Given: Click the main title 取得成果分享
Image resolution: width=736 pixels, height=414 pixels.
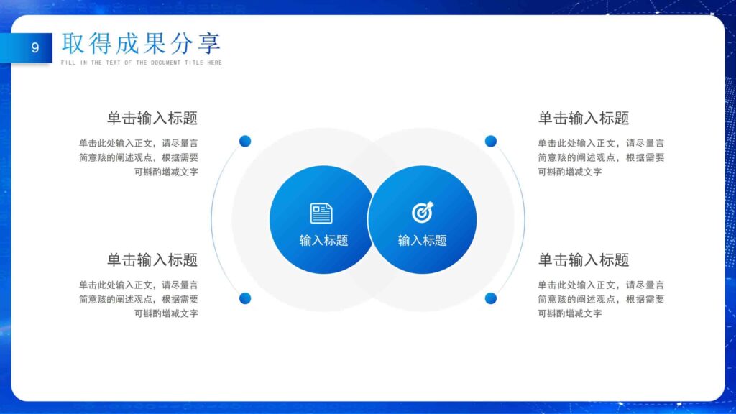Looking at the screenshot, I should [x=141, y=43].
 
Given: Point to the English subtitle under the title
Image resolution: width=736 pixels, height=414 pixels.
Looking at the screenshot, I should [x=142, y=63].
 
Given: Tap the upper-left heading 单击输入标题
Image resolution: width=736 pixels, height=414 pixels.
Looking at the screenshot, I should [x=152, y=119].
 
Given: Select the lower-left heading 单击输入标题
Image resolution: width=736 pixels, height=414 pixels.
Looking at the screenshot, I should [x=152, y=260].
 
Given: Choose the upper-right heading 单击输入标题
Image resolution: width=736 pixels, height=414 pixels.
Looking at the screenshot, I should [x=584, y=119].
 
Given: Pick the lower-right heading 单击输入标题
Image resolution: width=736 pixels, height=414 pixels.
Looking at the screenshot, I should [x=584, y=260].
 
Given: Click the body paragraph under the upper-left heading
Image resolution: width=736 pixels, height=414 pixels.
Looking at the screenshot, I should [x=139, y=157].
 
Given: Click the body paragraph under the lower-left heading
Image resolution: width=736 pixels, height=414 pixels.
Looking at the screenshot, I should [x=139, y=299].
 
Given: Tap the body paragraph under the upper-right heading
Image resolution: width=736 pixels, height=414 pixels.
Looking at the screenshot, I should [x=601, y=157].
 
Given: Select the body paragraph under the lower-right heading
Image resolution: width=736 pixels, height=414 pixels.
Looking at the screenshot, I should [x=601, y=299].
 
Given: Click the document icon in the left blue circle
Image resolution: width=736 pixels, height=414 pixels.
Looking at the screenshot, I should [x=321, y=213].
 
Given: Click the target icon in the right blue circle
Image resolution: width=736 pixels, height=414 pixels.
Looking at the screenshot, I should [x=422, y=212].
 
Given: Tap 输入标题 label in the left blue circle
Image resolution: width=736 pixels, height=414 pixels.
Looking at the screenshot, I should [x=323, y=241].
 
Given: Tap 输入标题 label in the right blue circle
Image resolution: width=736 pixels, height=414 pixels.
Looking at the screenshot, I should [x=423, y=241].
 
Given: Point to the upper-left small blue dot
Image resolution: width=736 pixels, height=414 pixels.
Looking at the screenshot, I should [x=245, y=141].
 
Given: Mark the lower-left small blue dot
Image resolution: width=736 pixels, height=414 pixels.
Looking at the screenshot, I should [x=245, y=298].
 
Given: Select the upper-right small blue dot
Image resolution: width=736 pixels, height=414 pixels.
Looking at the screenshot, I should [x=491, y=141].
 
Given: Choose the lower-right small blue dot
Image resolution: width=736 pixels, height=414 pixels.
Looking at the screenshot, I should [x=491, y=298].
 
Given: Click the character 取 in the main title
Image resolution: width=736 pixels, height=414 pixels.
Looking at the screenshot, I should [x=73, y=43].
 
